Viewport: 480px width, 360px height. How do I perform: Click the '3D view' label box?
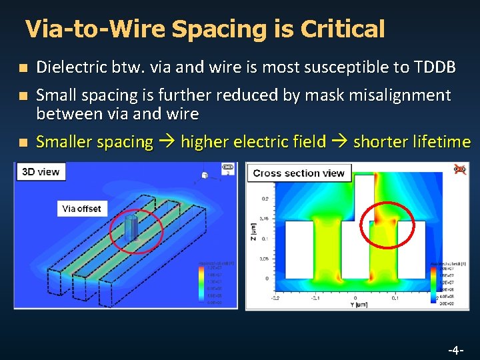point(41,172)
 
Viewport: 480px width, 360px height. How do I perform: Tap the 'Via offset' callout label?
point(81,209)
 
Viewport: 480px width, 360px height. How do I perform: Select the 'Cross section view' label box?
point(299,173)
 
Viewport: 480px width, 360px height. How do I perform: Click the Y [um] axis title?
point(355,306)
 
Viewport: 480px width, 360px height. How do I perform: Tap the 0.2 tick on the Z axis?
point(265,198)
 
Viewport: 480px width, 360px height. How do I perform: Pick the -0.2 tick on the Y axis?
point(274,298)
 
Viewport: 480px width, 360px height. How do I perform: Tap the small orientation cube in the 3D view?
point(205,176)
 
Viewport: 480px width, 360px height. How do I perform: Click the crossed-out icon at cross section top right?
point(458,169)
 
